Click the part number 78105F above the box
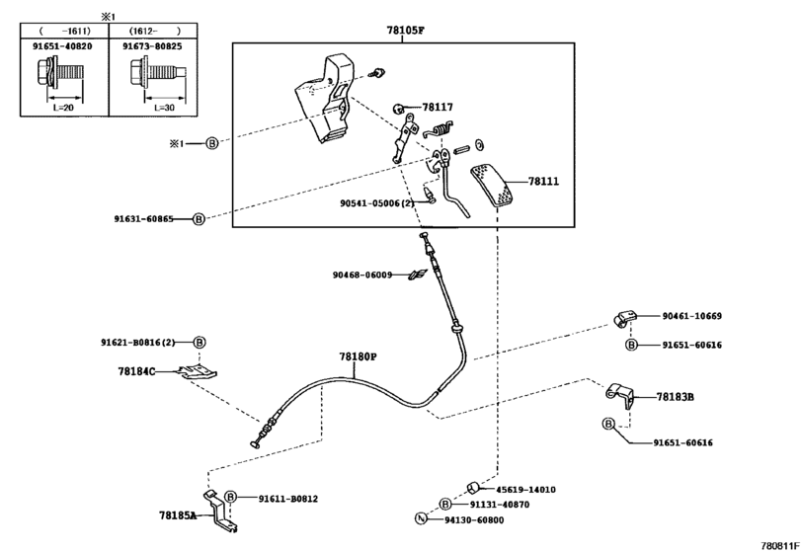[405, 30]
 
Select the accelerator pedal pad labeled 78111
[494, 186]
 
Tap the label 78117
[438, 108]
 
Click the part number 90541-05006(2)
[377, 203]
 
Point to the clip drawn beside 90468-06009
[418, 276]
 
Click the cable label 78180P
[358, 356]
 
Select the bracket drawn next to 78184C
[199, 372]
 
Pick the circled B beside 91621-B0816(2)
[200, 342]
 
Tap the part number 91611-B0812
[288, 499]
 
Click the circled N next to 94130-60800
[421, 518]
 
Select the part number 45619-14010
[525, 489]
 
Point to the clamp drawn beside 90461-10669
[624, 319]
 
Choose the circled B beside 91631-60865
[199, 219]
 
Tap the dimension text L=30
[165, 108]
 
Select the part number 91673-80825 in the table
[152, 46]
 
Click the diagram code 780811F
[780, 546]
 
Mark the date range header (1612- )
[155, 31]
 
